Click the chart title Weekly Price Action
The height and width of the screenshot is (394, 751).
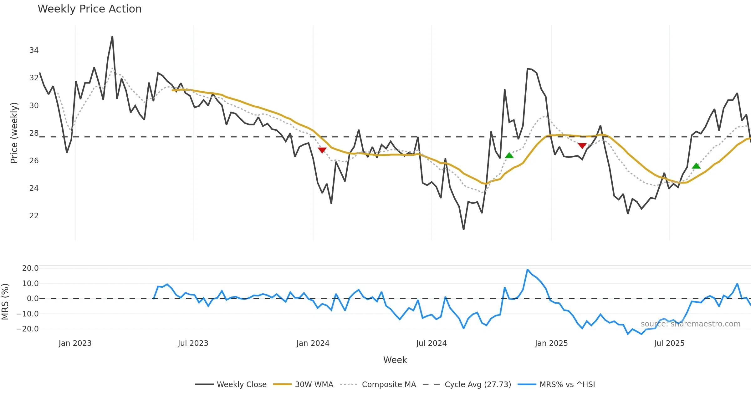(x=89, y=9)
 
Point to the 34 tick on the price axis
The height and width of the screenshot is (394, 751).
(x=34, y=50)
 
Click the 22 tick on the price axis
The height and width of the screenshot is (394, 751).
(x=34, y=216)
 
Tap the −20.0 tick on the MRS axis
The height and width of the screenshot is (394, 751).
(x=28, y=329)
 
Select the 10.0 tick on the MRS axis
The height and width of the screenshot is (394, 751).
(x=30, y=284)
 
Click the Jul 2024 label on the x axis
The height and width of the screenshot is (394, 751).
(x=431, y=343)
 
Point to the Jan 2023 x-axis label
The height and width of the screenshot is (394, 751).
(x=75, y=343)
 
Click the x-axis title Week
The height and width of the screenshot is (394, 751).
(x=395, y=360)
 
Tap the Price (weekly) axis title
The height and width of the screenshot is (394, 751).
(x=14, y=133)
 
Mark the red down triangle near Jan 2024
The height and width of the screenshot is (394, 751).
(x=322, y=150)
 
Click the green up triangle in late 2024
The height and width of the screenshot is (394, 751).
(x=509, y=155)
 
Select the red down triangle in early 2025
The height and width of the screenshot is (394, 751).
(x=582, y=146)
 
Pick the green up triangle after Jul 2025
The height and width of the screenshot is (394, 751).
(x=696, y=166)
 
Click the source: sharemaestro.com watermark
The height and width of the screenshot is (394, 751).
(x=690, y=324)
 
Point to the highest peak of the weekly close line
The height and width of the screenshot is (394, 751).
(x=112, y=36)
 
